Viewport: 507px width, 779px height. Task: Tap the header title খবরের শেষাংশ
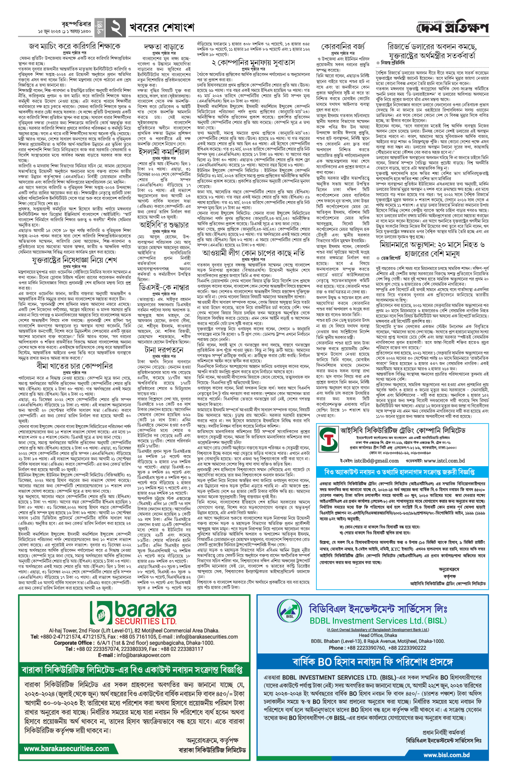click(162, 28)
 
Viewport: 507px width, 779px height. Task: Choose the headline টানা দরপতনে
click(163, 350)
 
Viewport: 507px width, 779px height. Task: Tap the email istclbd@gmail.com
click(364, 461)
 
